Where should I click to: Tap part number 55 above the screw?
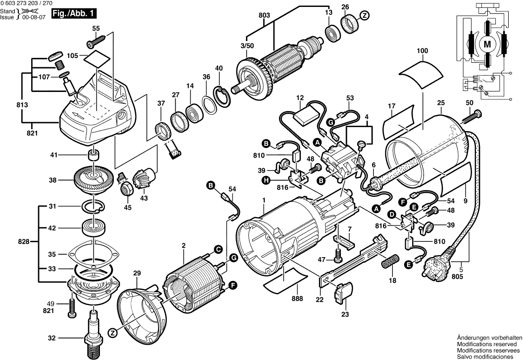pyautogui.click(x=96, y=29)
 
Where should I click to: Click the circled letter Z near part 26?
pyautogui.click(x=364, y=16)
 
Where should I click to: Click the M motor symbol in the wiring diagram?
pyautogui.click(x=487, y=45)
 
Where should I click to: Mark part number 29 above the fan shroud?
pyautogui.click(x=137, y=272)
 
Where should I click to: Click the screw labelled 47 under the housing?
pyautogui.click(x=339, y=256)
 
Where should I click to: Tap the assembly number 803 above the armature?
pyautogui.click(x=264, y=15)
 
